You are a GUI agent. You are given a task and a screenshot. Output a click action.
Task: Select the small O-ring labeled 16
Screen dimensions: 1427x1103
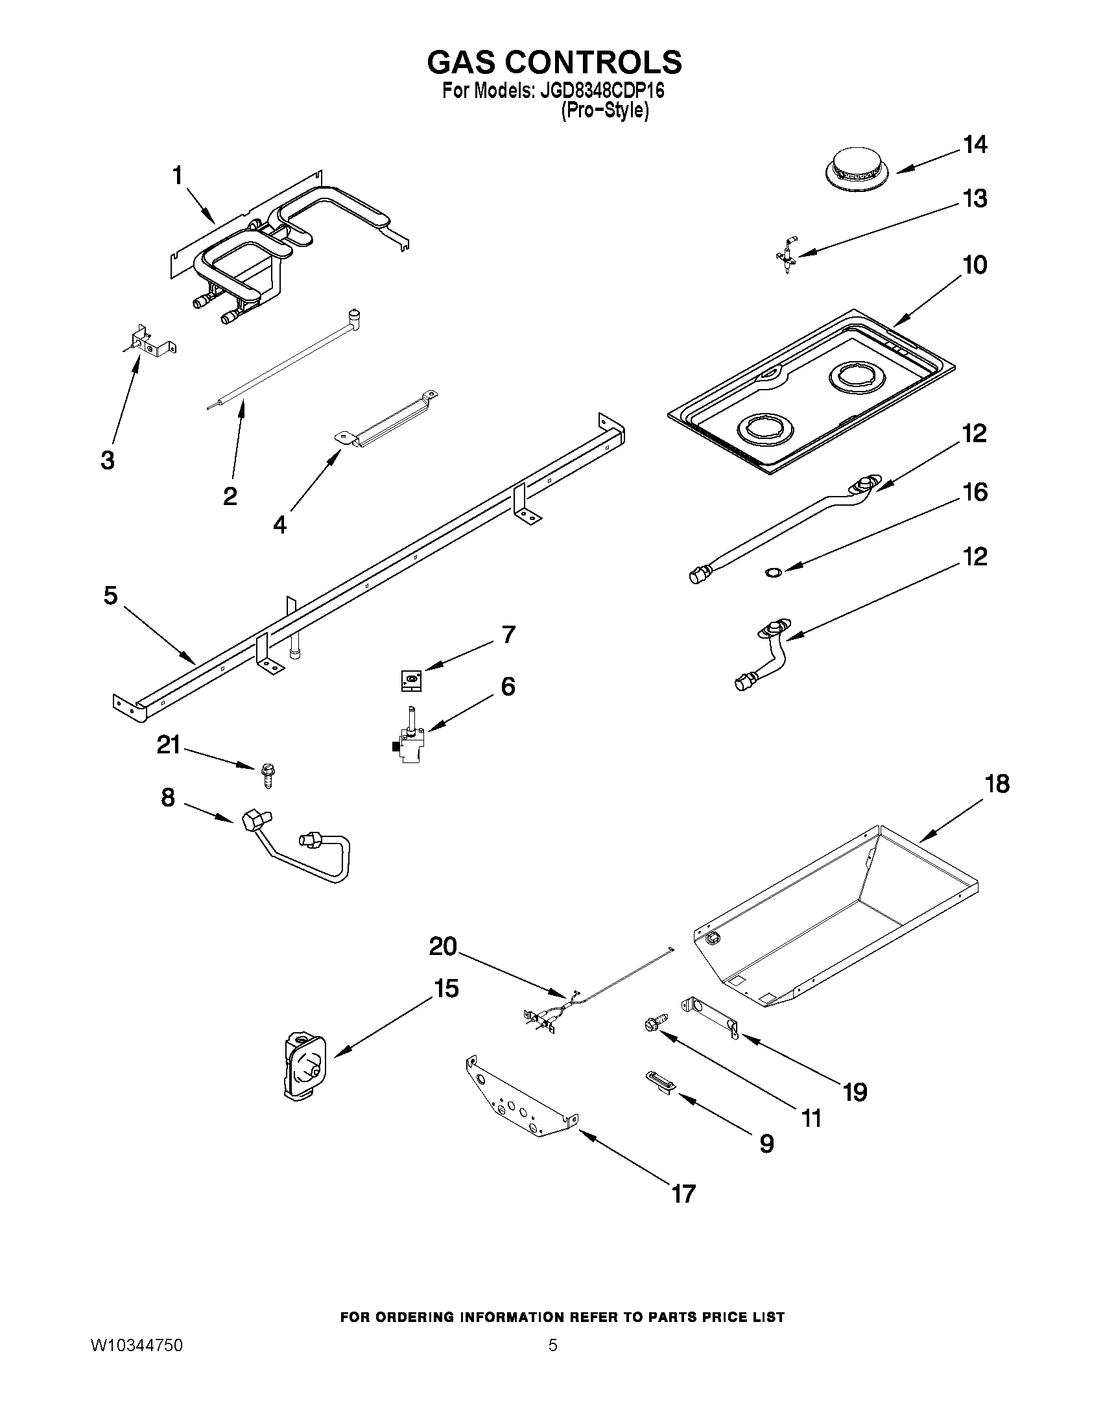772,573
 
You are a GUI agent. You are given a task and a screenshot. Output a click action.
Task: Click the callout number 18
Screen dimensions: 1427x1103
997,783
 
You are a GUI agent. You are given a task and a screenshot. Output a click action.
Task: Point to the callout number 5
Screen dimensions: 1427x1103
110,595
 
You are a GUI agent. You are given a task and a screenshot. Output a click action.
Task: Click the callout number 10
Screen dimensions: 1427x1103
974,265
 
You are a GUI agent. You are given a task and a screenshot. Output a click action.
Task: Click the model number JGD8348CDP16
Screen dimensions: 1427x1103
602,91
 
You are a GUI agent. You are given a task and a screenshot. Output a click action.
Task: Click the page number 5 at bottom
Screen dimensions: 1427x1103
553,1345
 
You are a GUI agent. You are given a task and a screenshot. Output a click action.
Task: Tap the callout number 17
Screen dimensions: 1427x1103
683,1194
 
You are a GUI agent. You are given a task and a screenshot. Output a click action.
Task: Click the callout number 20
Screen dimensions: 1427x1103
442,947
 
